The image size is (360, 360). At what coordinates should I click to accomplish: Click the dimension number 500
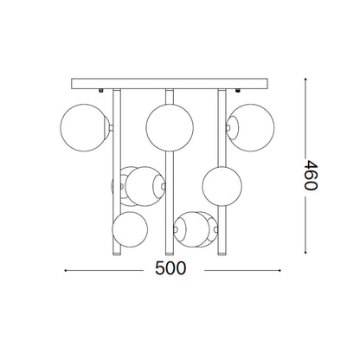click(x=172, y=268)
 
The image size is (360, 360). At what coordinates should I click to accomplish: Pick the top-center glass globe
click(x=168, y=125)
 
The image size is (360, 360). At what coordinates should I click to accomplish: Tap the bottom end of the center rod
click(x=171, y=244)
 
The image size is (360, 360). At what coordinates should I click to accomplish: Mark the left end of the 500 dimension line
click(x=67, y=269)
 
